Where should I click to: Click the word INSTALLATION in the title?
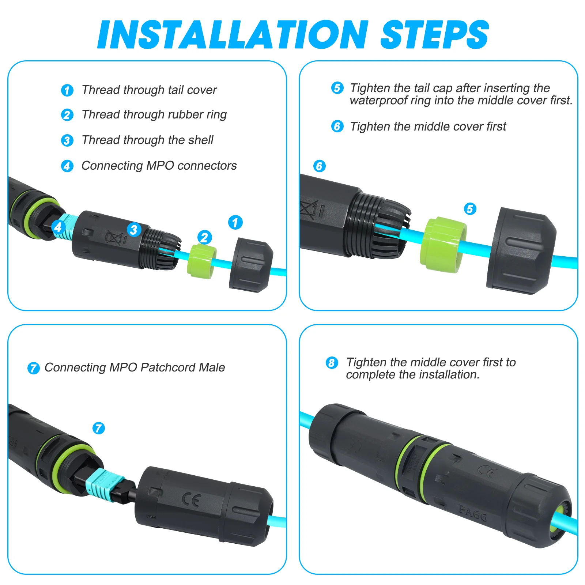(233, 34)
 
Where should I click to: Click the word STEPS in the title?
(435, 34)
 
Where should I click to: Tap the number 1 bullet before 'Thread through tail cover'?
(67, 90)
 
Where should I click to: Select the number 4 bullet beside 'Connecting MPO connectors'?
(67, 166)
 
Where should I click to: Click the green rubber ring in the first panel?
(201, 261)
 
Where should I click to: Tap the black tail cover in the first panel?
(251, 265)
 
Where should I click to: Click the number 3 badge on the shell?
(134, 230)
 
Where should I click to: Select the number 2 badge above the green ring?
(205, 237)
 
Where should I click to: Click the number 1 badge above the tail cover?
(235, 222)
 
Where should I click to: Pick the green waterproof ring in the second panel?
(444, 245)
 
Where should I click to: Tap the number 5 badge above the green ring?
(470, 209)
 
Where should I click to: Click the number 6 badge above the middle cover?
(320, 166)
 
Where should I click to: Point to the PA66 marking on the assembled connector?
(472, 513)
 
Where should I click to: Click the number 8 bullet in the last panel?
(332, 363)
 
